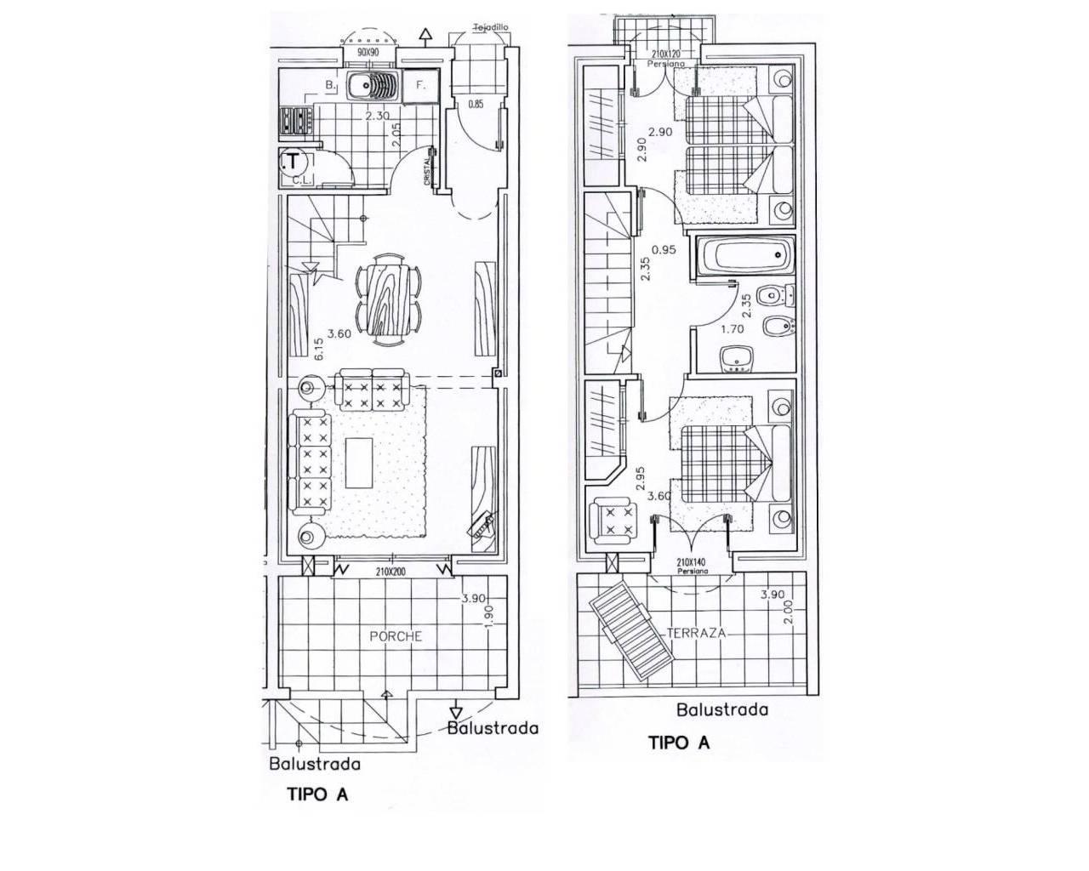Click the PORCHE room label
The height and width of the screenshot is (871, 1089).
click(x=396, y=636)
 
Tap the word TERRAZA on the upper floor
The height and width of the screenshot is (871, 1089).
click(x=697, y=634)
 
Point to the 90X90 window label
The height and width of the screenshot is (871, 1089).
click(x=369, y=53)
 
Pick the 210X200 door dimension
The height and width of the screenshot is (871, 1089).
click(x=391, y=572)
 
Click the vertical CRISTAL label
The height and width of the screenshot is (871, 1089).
click(x=427, y=174)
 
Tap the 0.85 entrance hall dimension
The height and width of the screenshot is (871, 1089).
click(x=476, y=105)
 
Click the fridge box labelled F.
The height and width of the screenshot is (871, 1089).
click(x=420, y=86)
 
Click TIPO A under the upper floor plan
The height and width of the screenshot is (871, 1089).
click(x=679, y=743)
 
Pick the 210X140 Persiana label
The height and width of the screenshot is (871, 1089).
click(x=693, y=566)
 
